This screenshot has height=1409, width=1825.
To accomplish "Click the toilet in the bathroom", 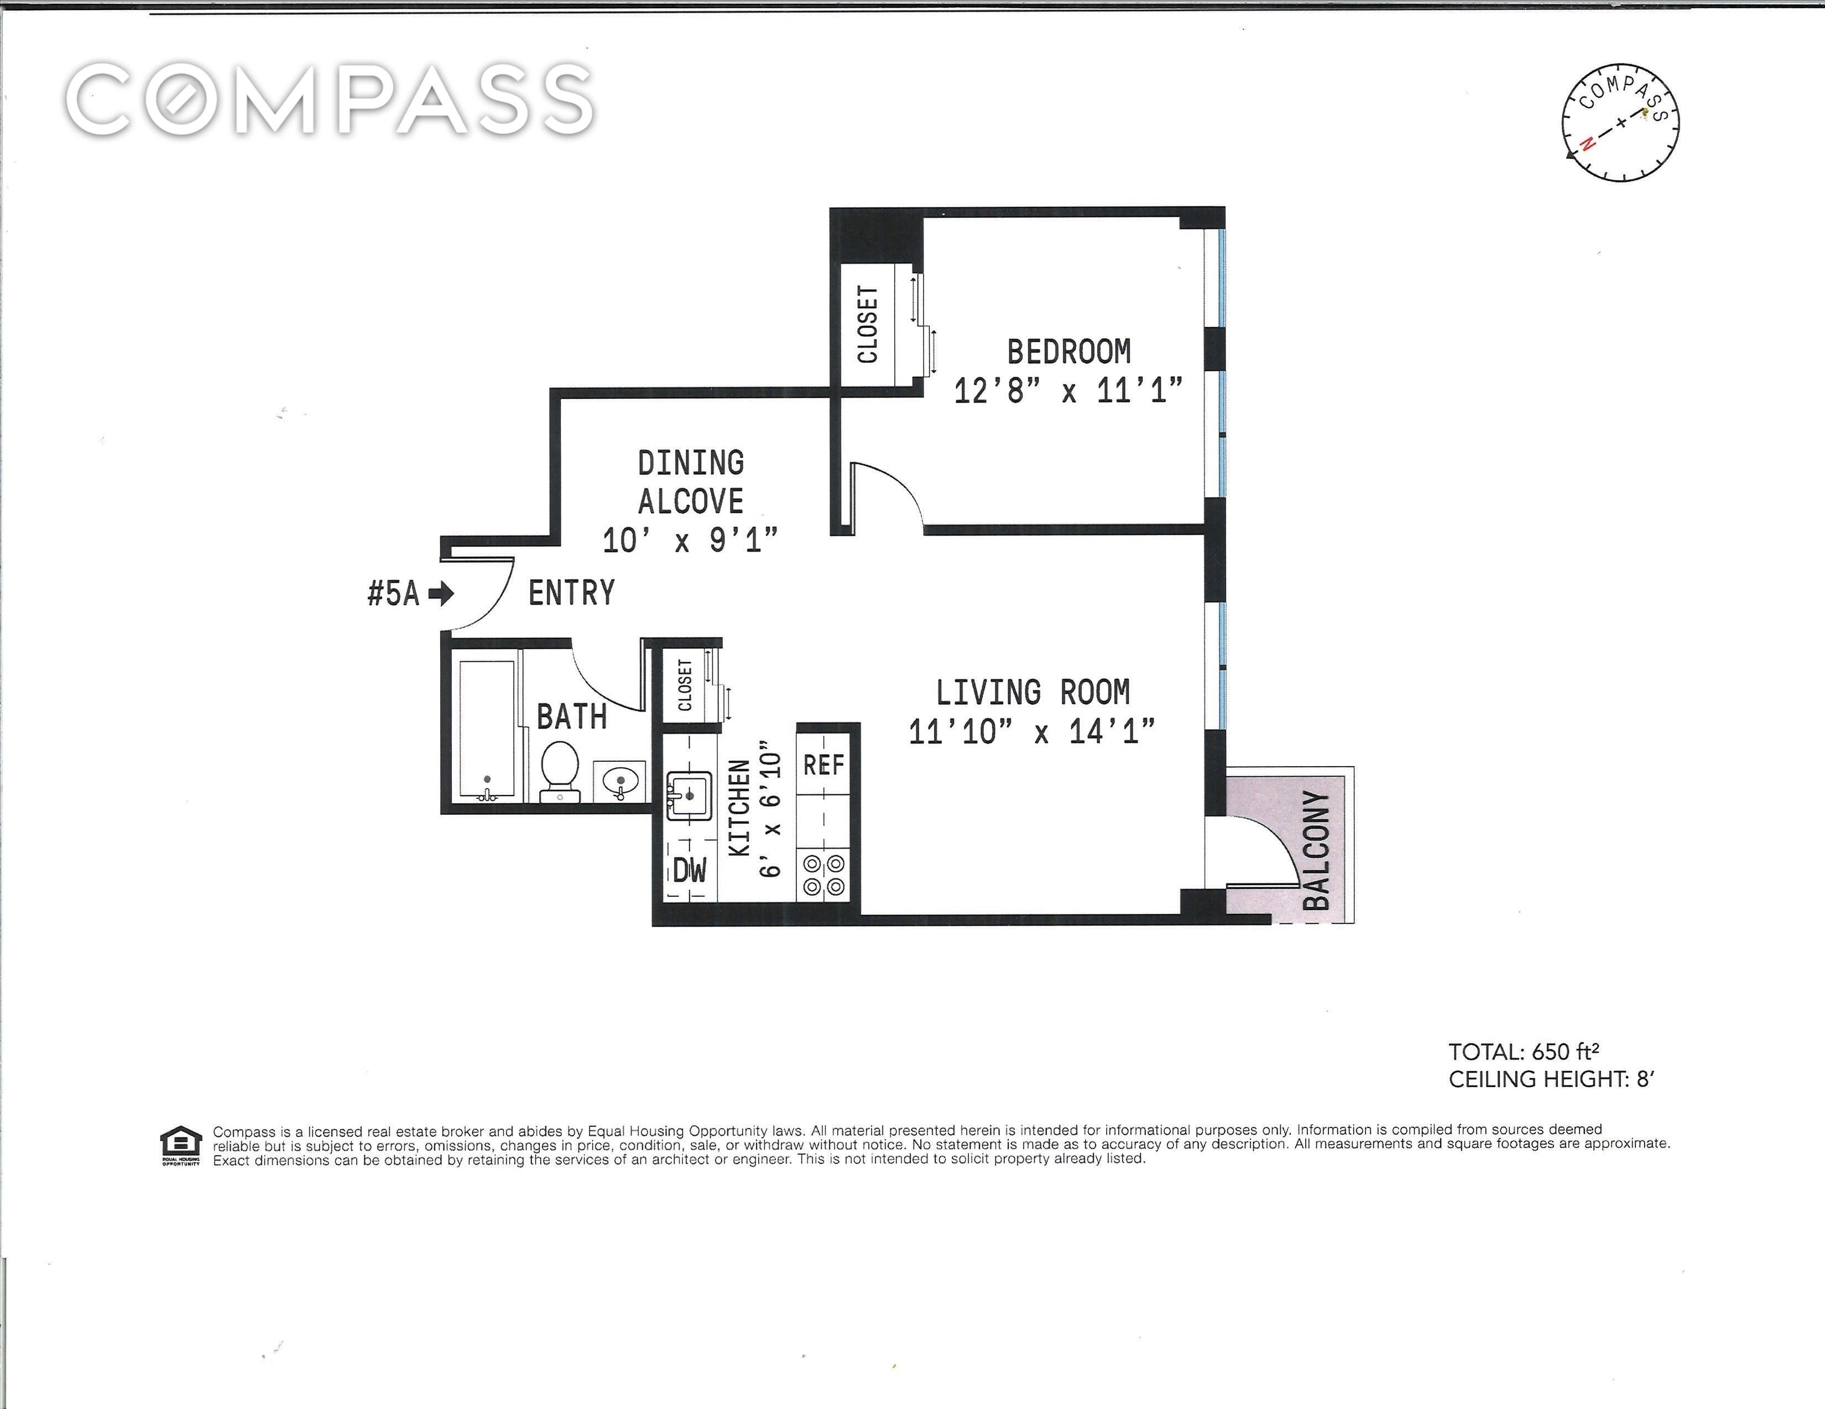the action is tap(560, 771).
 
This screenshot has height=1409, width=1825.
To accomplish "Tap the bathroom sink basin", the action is tap(620, 781).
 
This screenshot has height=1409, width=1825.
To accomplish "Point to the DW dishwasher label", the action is tap(690, 870).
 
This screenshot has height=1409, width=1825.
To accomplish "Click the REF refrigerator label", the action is tap(824, 764).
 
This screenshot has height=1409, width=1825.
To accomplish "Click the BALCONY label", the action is tap(1316, 849).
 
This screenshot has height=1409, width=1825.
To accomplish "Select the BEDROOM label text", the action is tap(1069, 352).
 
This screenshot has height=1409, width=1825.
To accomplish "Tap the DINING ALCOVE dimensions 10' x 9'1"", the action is tap(690, 540).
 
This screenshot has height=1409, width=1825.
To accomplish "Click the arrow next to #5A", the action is tap(441, 594).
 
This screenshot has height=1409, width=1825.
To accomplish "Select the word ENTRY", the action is tap(572, 594).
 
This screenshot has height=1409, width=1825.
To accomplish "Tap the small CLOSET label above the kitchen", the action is tap(685, 685).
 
